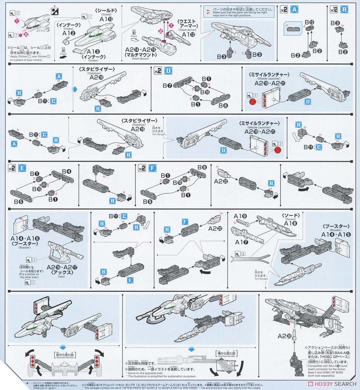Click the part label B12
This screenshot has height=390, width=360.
coord(309,22)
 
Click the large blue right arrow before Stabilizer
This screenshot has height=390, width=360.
coord(75,88)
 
